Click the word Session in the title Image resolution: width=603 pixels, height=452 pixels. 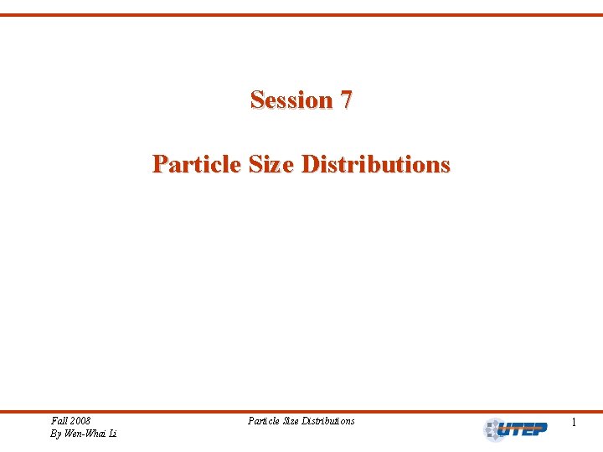click(291, 100)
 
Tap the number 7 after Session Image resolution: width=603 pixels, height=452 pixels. click(346, 100)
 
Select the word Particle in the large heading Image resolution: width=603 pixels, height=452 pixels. click(197, 163)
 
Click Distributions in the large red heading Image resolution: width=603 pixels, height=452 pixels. click(375, 163)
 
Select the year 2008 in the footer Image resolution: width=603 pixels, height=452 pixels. click(81, 420)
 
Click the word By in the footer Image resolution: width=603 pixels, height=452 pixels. click(56, 434)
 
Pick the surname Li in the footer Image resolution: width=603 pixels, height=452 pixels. click(112, 434)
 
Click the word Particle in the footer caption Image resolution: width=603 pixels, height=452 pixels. click(264, 420)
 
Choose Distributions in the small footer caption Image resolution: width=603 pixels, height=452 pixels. click(330, 420)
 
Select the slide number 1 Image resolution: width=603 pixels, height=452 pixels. click(574, 424)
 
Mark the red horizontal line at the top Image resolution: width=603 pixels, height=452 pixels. click(301, 15)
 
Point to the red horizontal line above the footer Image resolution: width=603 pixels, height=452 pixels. click(301, 411)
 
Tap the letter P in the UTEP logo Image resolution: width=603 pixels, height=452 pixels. click(541, 430)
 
